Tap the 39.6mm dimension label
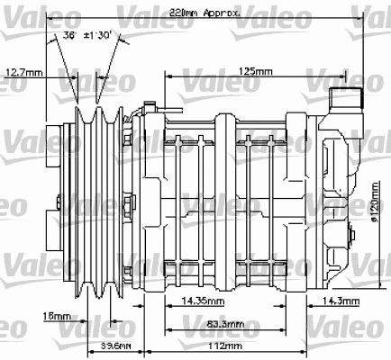tap(114, 346)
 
